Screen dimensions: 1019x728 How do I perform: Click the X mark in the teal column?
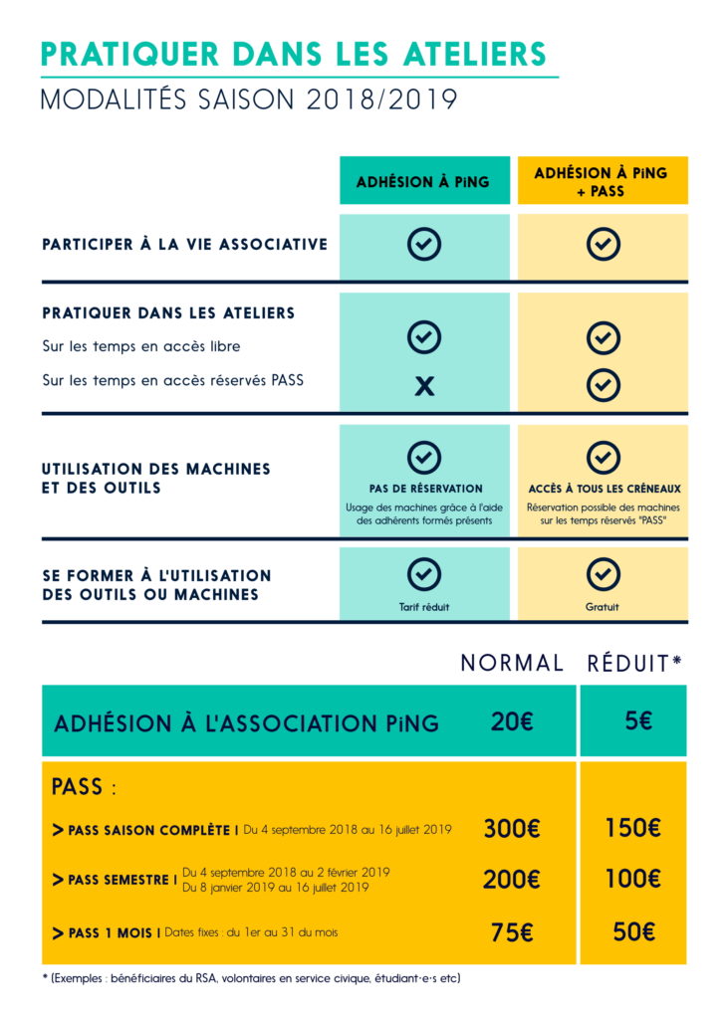[424, 386]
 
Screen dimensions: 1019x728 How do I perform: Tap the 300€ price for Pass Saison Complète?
[511, 828]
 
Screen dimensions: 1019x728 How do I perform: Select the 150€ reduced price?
[632, 828]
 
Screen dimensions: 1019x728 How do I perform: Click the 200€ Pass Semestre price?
[511, 880]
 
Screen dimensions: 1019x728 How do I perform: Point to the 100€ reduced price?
[632, 880]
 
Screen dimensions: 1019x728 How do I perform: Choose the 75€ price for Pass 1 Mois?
[512, 932]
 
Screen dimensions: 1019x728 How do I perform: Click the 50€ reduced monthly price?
[633, 932]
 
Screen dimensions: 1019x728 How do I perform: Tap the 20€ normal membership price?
[512, 721]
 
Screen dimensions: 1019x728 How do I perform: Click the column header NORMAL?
[512, 664]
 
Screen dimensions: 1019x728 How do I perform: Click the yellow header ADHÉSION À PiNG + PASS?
[602, 181]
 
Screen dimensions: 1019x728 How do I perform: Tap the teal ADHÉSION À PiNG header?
[423, 182]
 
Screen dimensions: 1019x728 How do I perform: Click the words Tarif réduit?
[424, 606]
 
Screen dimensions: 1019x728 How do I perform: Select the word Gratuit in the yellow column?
[603, 606]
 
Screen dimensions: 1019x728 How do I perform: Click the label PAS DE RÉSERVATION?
[424, 489]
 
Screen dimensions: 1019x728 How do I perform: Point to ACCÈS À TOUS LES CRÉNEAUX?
[605, 489]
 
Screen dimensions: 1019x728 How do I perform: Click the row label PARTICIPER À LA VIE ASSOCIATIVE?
[184, 244]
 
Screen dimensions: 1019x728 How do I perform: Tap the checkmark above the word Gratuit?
[603, 574]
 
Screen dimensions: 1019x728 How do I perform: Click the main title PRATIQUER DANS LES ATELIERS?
[294, 53]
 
